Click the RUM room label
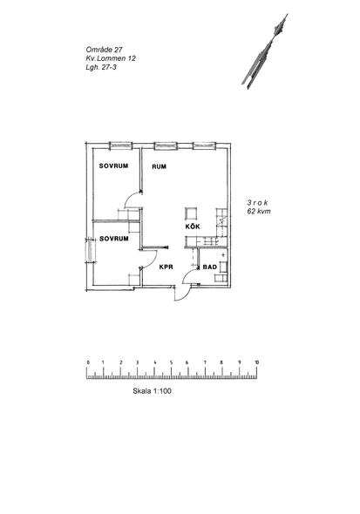point(159,166)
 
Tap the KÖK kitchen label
point(193,227)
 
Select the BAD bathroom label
point(210,267)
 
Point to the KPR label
point(166,267)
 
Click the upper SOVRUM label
point(113,166)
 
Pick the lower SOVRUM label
point(114,239)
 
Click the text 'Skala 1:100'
point(152,391)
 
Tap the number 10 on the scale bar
point(257,362)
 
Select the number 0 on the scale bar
point(88,362)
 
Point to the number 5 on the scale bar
point(171,362)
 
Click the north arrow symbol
point(265,51)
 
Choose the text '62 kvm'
point(259,212)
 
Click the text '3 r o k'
point(257,203)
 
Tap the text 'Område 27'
point(104,50)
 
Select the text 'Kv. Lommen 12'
point(111,58)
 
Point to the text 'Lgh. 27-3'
point(101,67)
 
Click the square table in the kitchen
point(191,213)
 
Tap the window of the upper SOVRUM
point(120,145)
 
